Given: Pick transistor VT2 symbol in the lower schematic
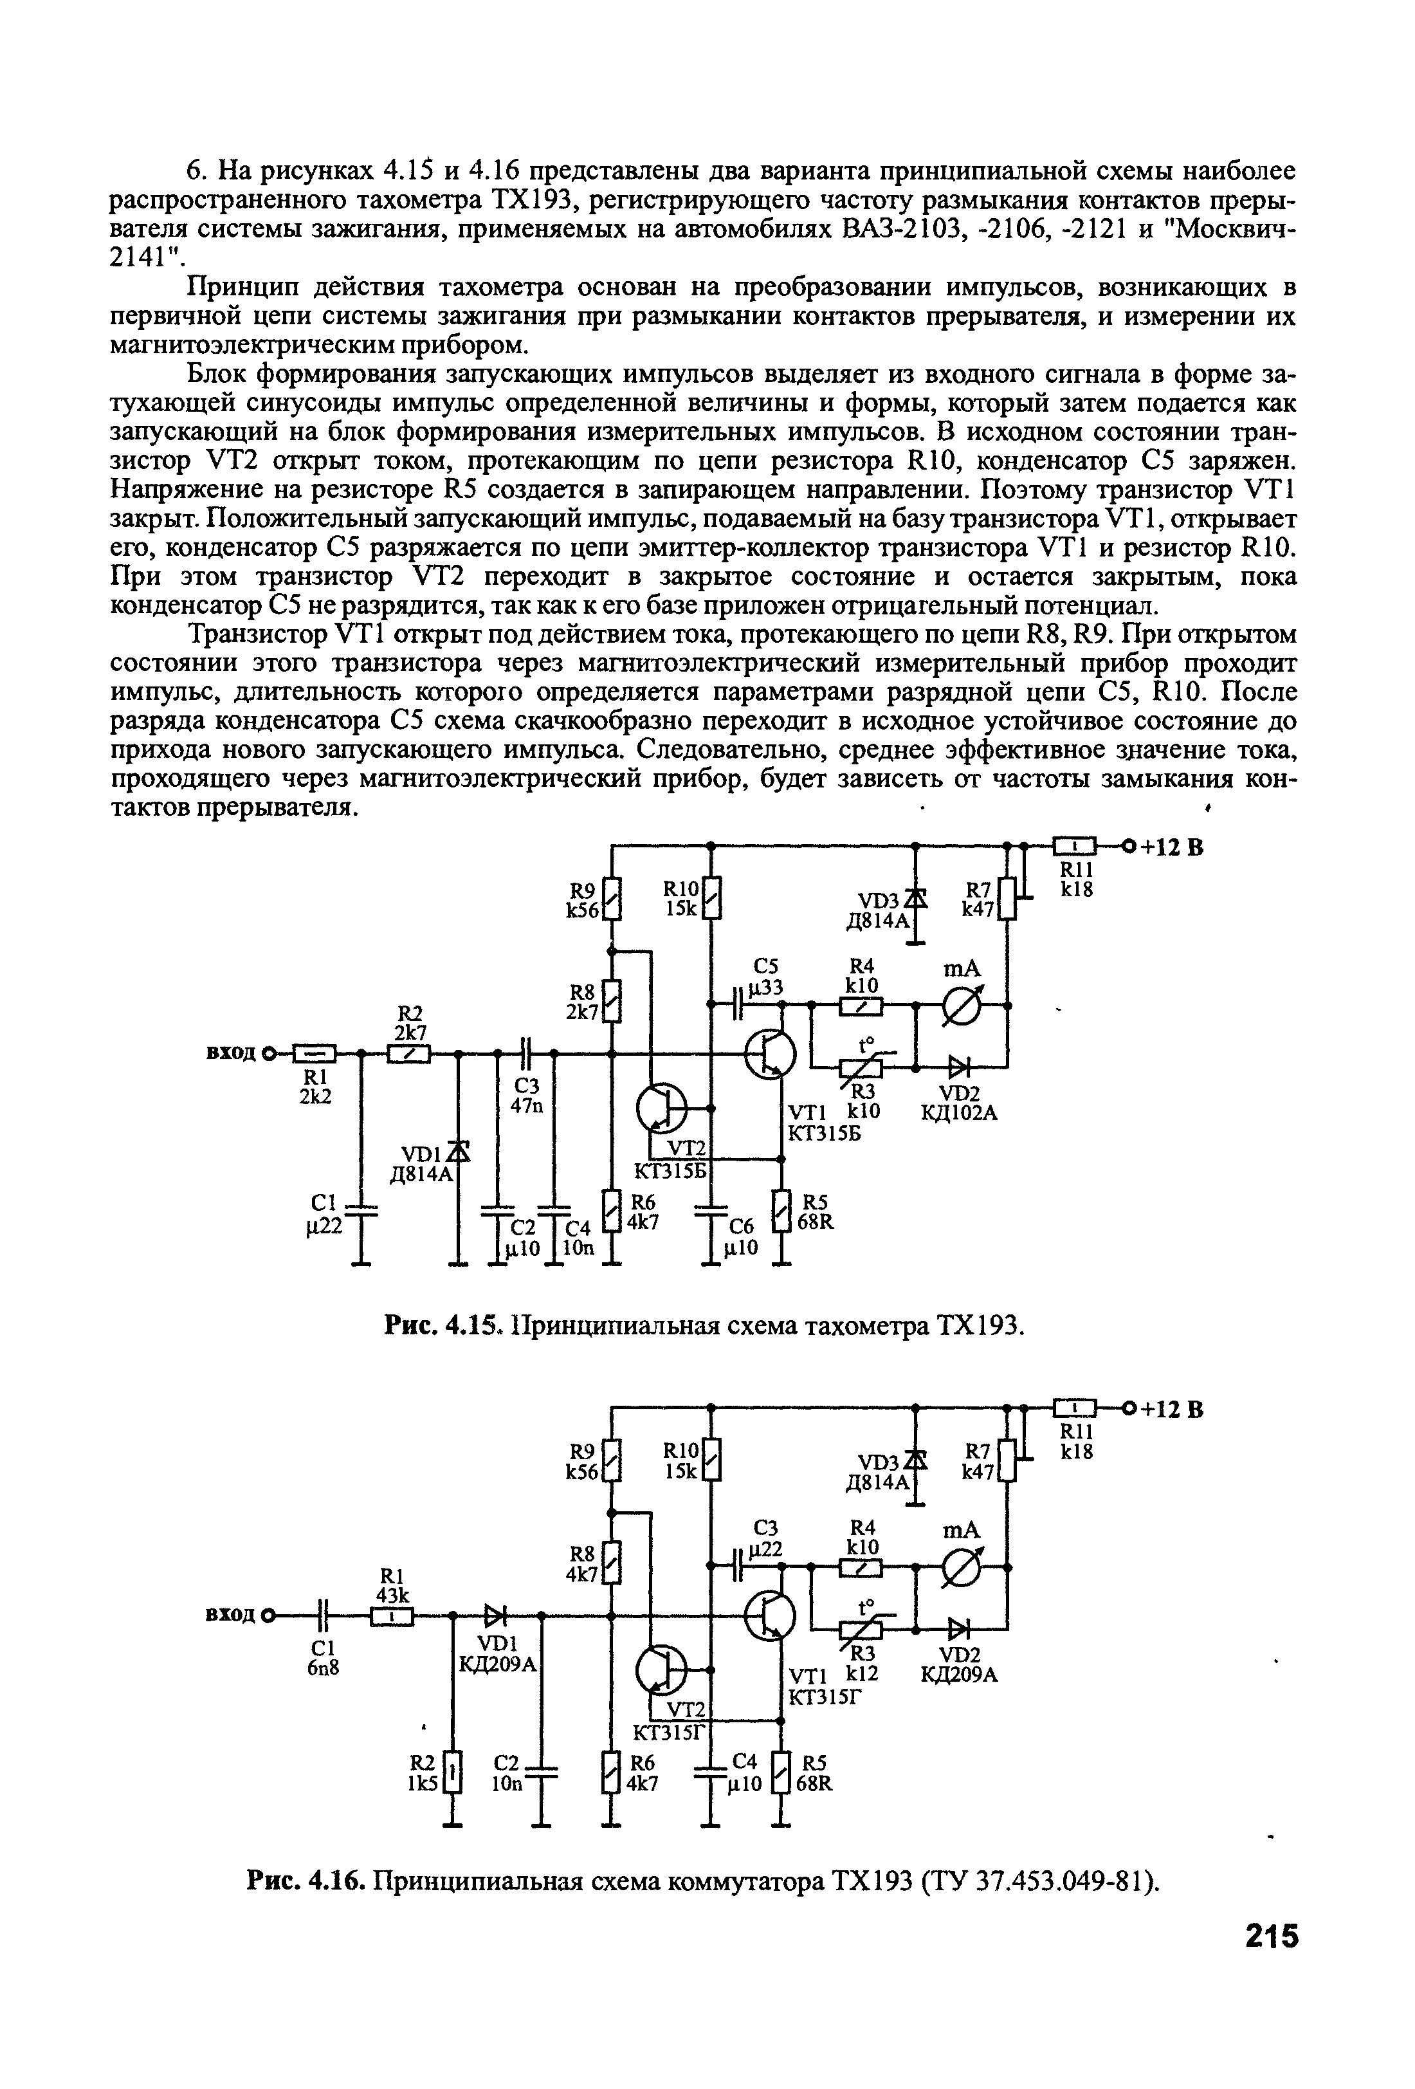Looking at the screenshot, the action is tap(661, 1670).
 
